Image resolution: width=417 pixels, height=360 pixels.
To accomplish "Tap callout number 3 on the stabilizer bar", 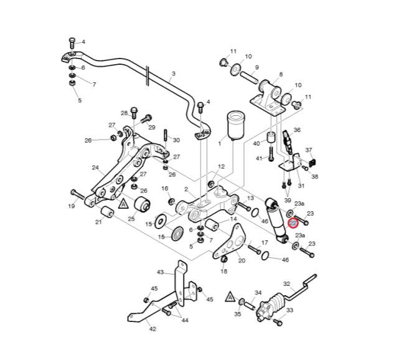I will point(173,73).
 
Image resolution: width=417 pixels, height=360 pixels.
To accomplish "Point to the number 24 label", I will point(95,167).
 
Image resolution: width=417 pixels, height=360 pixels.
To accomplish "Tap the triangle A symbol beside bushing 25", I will point(123,202).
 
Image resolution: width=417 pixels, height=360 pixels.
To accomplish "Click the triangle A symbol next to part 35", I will point(230,298).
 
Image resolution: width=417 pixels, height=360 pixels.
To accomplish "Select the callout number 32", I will point(287,283).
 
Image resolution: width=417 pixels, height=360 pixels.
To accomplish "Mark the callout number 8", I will point(281,74).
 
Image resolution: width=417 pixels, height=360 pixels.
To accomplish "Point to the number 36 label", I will point(297,130).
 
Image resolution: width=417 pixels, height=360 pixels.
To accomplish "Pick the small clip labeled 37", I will point(312,162).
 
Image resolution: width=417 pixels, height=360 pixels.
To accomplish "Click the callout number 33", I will point(289,310).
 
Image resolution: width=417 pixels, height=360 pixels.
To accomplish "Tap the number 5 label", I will point(79,100).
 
